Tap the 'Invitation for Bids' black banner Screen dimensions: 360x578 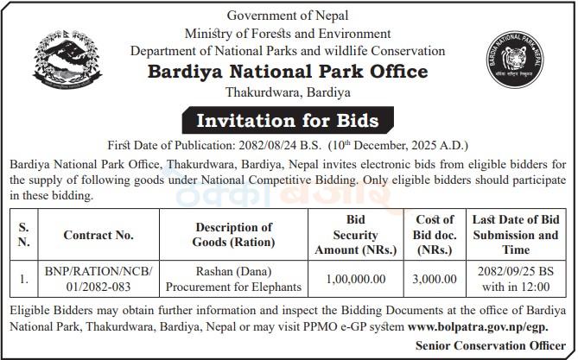click(289, 119)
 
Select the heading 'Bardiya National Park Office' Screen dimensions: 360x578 click(289, 71)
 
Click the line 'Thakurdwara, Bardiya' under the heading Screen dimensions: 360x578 click(289, 92)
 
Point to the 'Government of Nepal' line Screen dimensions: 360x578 click(289, 15)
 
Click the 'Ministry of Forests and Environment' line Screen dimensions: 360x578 click(289, 33)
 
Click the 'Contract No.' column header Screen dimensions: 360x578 click(98, 234)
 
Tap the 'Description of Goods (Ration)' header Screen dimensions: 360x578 click(234, 234)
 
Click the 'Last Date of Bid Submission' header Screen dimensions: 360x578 click(515, 234)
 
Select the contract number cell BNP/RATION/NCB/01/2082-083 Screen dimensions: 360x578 click(98, 279)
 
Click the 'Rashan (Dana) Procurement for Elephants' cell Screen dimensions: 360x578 click(234, 279)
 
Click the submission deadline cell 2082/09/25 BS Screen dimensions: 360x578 click(515, 279)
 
